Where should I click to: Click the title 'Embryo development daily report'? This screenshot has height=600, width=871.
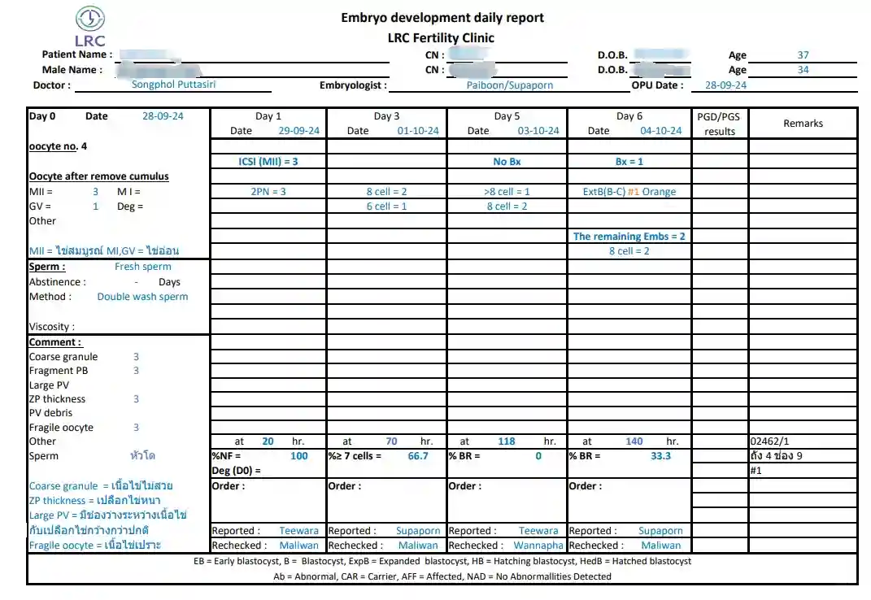442,18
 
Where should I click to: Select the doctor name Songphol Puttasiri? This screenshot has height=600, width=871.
174,84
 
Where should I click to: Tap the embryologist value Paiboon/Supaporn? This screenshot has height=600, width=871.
510,85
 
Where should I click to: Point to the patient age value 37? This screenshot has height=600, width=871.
803,55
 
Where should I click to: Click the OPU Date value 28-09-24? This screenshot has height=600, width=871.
725,85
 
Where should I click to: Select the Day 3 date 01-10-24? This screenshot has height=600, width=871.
418,131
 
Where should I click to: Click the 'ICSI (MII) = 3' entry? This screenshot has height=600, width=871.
268,162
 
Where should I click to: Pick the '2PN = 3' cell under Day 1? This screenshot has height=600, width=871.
268,192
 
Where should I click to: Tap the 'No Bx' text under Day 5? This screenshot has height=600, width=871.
507,162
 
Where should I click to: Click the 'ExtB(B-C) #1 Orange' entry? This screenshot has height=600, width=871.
629,192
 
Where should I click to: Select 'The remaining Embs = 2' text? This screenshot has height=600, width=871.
629,237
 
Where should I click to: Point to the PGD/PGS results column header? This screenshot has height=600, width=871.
720,124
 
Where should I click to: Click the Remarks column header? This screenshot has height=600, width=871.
803,124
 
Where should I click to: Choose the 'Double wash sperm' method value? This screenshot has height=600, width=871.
142,297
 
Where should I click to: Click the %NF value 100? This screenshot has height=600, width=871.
299,456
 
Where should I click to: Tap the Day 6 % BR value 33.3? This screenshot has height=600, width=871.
661,456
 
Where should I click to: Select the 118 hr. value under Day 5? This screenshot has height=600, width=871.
507,441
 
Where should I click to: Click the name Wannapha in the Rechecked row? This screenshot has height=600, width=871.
538,546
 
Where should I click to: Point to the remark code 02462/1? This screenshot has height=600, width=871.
769,441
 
